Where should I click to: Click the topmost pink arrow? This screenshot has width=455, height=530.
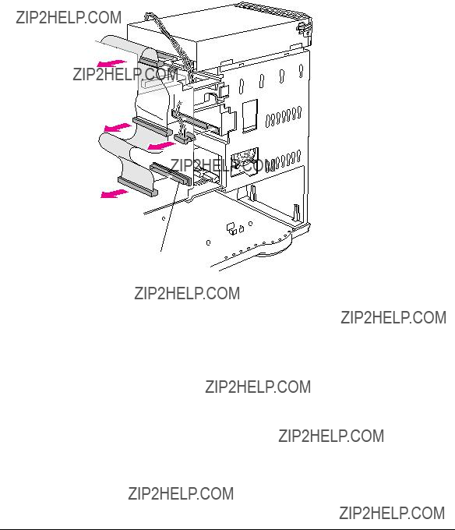coord(111,63)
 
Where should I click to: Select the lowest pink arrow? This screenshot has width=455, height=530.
coord(115,193)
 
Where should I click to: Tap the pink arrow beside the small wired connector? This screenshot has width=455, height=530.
coord(161,146)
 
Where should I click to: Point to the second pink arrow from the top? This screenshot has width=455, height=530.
coord(117,127)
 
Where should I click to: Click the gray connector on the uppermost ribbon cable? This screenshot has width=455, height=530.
coord(150,62)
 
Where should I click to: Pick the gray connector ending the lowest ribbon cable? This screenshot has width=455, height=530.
coord(137,186)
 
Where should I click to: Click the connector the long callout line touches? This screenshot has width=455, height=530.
coord(171,174)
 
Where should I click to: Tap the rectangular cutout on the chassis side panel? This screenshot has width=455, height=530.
coord(250,116)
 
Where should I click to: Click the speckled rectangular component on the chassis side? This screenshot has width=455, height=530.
coord(245,161)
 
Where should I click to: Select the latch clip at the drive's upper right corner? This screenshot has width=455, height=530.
coord(304,28)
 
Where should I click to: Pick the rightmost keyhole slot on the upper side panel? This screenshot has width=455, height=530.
coord(301,72)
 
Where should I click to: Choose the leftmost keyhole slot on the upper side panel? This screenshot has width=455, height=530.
coord(242,87)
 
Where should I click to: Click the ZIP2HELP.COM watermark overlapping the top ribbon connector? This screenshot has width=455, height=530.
coord(125,74)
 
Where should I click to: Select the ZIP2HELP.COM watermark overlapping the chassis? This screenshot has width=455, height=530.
coord(223,165)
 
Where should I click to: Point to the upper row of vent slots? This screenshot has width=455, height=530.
coord(284,117)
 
